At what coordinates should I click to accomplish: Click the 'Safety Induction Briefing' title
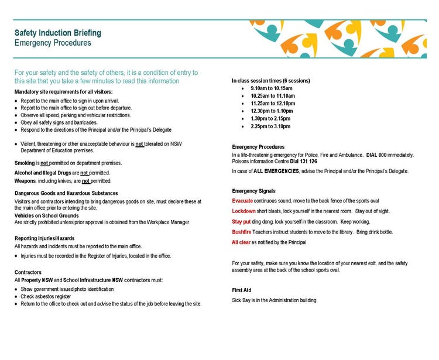click(57, 33)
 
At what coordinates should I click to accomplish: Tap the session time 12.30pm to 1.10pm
click(272, 111)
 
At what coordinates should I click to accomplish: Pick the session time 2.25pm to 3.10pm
click(270, 126)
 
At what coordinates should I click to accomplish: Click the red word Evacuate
click(242, 201)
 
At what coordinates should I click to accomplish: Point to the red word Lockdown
click(244, 211)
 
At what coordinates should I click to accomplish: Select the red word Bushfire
click(242, 232)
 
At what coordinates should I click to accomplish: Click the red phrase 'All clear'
click(241, 242)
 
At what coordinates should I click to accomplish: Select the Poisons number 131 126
click(304, 162)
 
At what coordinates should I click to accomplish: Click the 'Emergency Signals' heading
click(253, 191)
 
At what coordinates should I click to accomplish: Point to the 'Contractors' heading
click(28, 272)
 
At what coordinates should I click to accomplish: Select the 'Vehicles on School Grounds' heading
click(46, 215)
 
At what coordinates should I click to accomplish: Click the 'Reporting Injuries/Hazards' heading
click(44, 238)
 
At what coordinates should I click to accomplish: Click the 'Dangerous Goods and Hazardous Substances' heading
click(66, 193)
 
